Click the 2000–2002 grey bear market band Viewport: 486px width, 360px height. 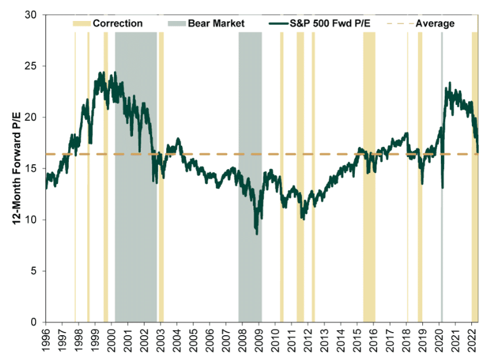[135, 191]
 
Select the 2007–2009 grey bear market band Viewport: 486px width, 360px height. [250, 127]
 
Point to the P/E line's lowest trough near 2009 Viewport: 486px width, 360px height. [257, 234]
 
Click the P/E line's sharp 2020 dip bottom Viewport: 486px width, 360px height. [443, 188]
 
